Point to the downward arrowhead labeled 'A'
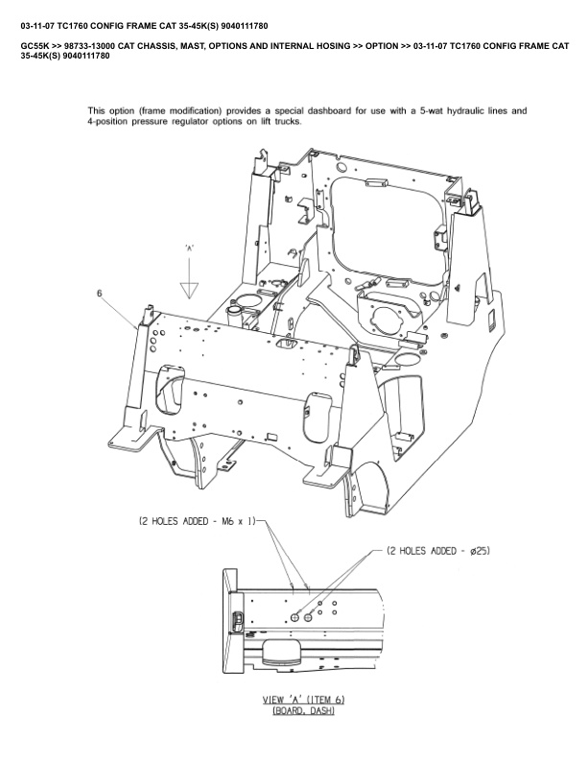(190, 291)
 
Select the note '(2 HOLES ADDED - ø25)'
(439, 551)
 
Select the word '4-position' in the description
(110, 123)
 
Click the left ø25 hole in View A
(294, 619)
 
